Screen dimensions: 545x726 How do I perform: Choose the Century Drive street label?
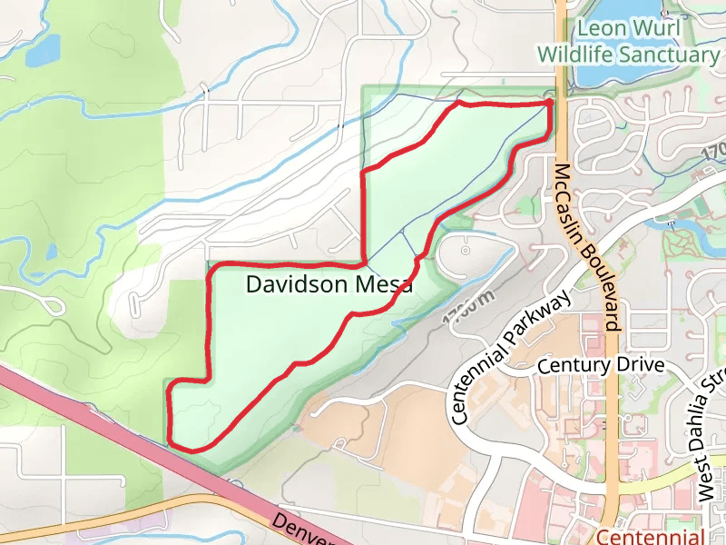[601, 365]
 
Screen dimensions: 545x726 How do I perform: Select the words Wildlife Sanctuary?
[628, 54]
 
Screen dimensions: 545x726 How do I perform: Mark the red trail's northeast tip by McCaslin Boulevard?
[551, 104]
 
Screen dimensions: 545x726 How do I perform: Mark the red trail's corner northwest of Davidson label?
[211, 267]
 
